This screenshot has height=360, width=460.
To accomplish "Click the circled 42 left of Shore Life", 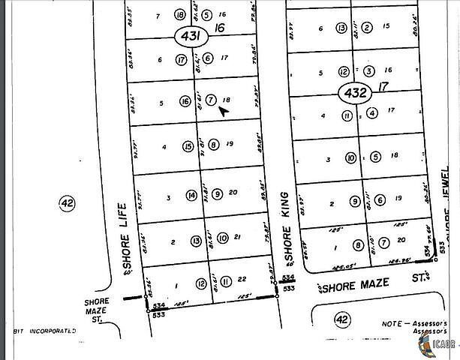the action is (67, 202).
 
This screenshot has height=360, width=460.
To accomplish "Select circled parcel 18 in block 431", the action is (179, 14).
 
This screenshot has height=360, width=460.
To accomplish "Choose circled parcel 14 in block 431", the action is (191, 196).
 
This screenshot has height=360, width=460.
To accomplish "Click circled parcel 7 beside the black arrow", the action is (211, 100).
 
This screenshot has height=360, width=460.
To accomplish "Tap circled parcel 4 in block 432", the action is (371, 113).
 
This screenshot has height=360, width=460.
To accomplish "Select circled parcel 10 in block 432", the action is (350, 158).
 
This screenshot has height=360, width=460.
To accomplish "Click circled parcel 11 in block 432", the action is (347, 115).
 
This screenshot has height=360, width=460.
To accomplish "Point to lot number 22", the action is (242, 279).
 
